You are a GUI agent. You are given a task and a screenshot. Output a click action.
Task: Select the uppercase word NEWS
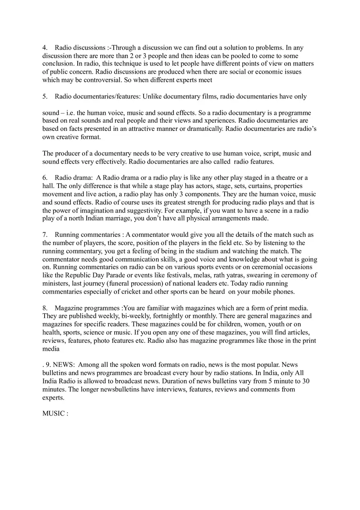coord(63,365)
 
